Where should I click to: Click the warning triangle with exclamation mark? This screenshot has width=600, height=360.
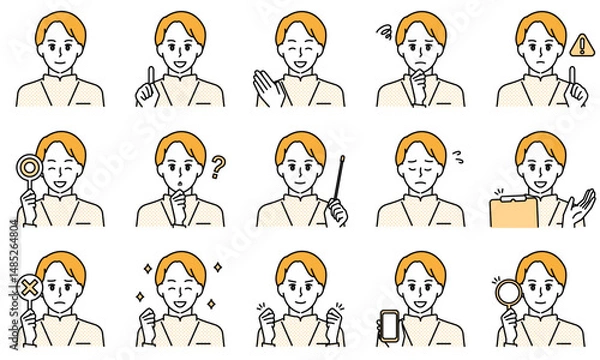pyautogui.click(x=580, y=44)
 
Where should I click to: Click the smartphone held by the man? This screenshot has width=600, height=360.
pyautogui.click(x=389, y=325)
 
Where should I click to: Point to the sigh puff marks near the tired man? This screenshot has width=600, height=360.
pyautogui.click(x=458, y=156)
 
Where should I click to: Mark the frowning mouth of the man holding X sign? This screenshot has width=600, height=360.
pyautogui.click(x=60, y=305)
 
